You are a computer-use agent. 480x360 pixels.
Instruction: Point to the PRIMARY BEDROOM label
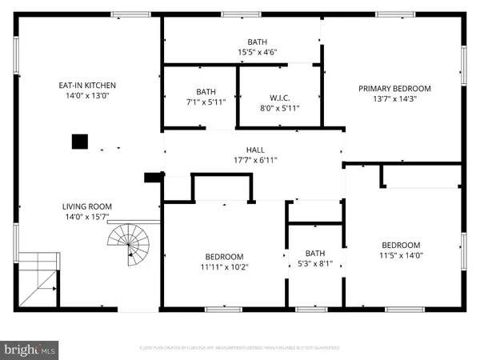point(394,88)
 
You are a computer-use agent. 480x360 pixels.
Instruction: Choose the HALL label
point(255,149)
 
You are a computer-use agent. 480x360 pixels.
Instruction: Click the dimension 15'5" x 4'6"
point(257,53)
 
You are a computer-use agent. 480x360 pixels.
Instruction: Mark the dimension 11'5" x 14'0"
point(400,256)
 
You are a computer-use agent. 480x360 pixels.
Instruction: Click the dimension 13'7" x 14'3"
point(394,99)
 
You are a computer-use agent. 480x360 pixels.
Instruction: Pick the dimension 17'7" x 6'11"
point(255,160)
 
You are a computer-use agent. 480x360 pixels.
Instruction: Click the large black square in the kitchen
point(79,142)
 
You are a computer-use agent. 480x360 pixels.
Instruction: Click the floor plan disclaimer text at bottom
point(239,348)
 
